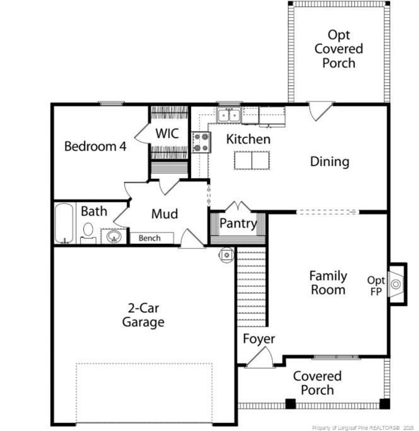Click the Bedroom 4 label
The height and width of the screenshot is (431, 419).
pos(95,146)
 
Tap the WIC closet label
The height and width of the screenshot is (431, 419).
pos(167,133)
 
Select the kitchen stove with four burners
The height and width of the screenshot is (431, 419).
pos(201,142)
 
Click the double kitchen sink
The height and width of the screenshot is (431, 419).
pos(229,115)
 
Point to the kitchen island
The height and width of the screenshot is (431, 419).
pos(252,160)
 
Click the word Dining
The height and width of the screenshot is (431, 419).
pos(330,162)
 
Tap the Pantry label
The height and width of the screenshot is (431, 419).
pos(238,224)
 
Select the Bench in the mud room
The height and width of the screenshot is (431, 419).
pos(150,238)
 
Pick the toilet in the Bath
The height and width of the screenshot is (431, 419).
pos(88,231)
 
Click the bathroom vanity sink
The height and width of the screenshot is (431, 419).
pos(114,236)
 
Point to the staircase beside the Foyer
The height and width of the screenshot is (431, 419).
pos(251,287)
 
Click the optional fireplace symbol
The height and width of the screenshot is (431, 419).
pos(396,284)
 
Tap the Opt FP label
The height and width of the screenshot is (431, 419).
pos(376,286)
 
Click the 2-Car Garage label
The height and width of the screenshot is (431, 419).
pos(143,315)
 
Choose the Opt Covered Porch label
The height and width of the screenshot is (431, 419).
pos(339,49)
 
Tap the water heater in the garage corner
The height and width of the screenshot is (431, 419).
pos(227,254)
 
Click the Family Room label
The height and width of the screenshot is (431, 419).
pos(328,283)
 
